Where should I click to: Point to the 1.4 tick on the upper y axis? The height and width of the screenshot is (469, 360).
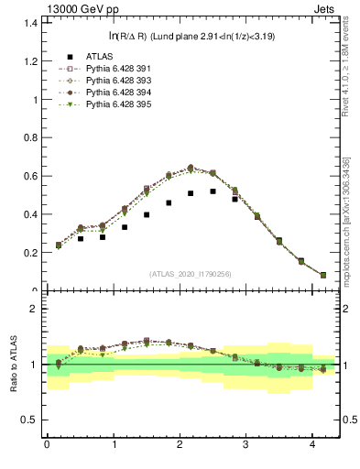click(29, 22)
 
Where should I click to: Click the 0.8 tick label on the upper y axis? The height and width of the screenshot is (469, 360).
click(29, 137)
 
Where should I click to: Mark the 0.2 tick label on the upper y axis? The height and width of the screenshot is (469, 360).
click(29, 253)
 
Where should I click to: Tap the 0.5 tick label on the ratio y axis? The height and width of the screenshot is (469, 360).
click(29, 420)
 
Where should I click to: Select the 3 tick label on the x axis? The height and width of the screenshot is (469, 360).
click(246, 444)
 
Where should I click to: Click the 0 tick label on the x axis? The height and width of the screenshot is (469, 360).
click(47, 444)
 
